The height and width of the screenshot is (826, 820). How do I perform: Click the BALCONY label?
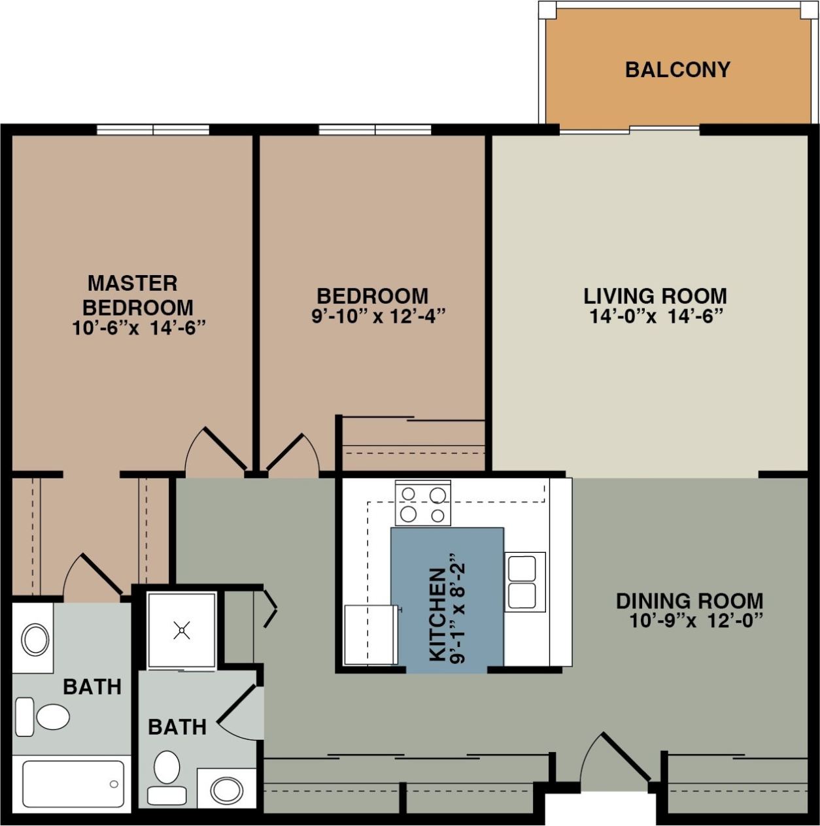click(677, 69)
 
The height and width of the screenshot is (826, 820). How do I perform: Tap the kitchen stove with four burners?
click(423, 503)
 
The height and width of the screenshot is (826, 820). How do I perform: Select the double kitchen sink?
click(524, 582)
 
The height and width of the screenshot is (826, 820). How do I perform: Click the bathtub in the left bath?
click(73, 784)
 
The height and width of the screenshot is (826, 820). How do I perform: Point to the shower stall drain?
click(181, 630)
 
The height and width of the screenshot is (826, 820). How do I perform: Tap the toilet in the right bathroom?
click(167, 776)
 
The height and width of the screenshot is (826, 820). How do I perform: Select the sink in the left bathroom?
click(35, 640)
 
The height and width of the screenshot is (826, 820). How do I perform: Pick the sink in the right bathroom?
click(226, 789)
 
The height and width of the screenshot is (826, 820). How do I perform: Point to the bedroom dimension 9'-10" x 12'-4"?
click(379, 316)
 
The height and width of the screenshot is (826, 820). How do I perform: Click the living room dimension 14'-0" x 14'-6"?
click(656, 316)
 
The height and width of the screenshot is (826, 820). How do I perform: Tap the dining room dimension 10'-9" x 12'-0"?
click(696, 620)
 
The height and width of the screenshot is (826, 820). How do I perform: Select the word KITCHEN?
click(437, 614)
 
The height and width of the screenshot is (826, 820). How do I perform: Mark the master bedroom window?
click(153, 129)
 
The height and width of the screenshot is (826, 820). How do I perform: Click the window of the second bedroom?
click(375, 129)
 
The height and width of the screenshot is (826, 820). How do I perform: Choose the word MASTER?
click(133, 283)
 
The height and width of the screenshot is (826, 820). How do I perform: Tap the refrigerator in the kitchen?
click(371, 635)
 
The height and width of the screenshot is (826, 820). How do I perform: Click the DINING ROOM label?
click(689, 601)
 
